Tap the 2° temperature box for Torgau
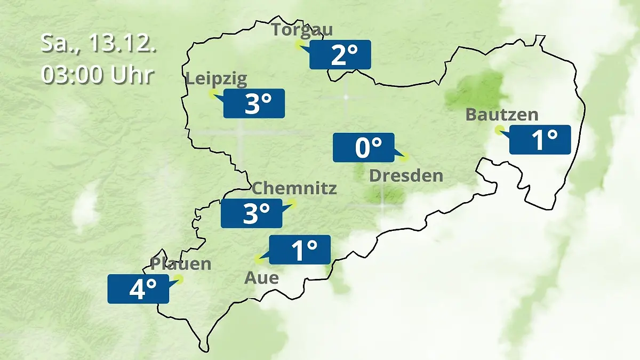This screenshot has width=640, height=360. pos(340,54)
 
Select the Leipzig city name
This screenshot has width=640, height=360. pos(216,79)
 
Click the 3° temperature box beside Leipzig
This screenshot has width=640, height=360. pos(254,103)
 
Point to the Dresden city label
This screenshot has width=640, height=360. pos(406,175)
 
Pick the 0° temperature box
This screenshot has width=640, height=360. pos(364,147)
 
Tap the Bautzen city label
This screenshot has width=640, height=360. pos(501,115)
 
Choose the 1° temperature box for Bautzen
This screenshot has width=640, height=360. pos(540,140)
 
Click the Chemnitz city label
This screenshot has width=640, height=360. pos(294,188)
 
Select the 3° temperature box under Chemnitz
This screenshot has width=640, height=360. pos(252,213)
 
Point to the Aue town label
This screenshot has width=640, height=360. pos(261,277)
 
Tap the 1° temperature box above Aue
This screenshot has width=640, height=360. pos(300,250)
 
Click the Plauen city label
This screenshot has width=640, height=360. pos(181,263)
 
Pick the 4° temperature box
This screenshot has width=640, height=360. pos(138,289)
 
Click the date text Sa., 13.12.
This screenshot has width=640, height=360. pos(99,44)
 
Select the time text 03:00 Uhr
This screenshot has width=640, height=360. pos(99,75)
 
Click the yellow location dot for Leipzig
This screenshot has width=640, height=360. pos(213,94)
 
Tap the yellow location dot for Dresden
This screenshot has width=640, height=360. pos(404,157)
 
